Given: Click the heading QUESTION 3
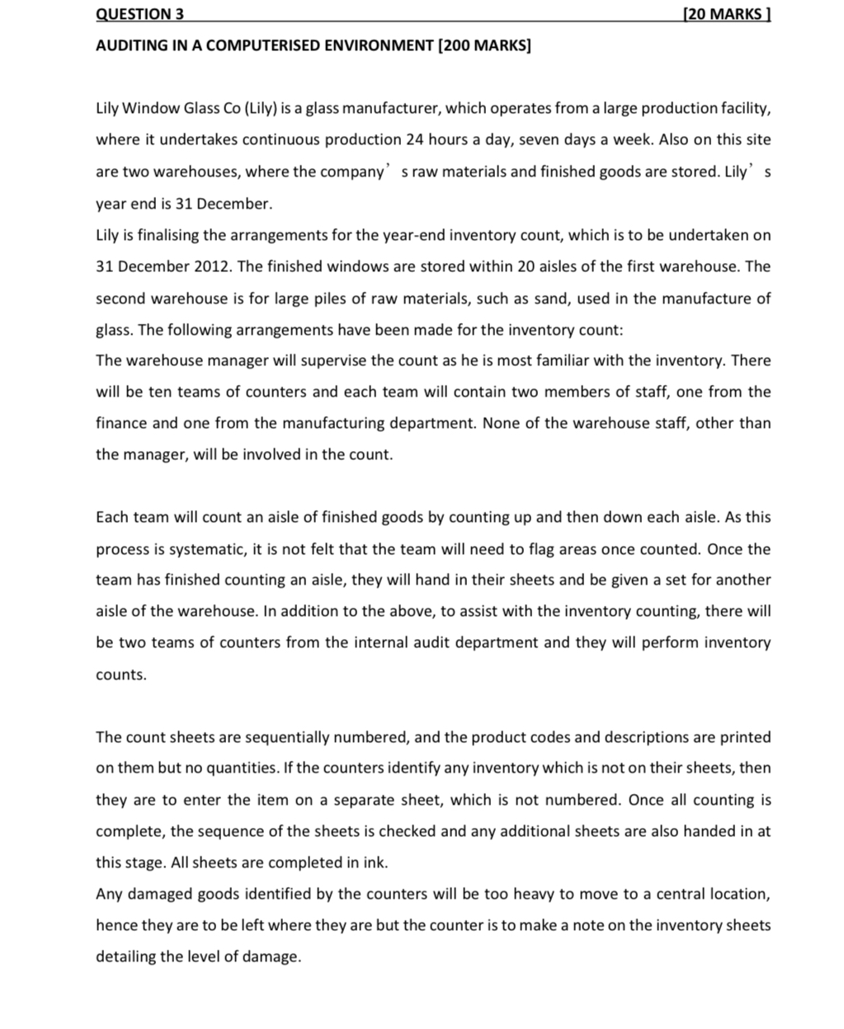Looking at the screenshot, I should [139, 14].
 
